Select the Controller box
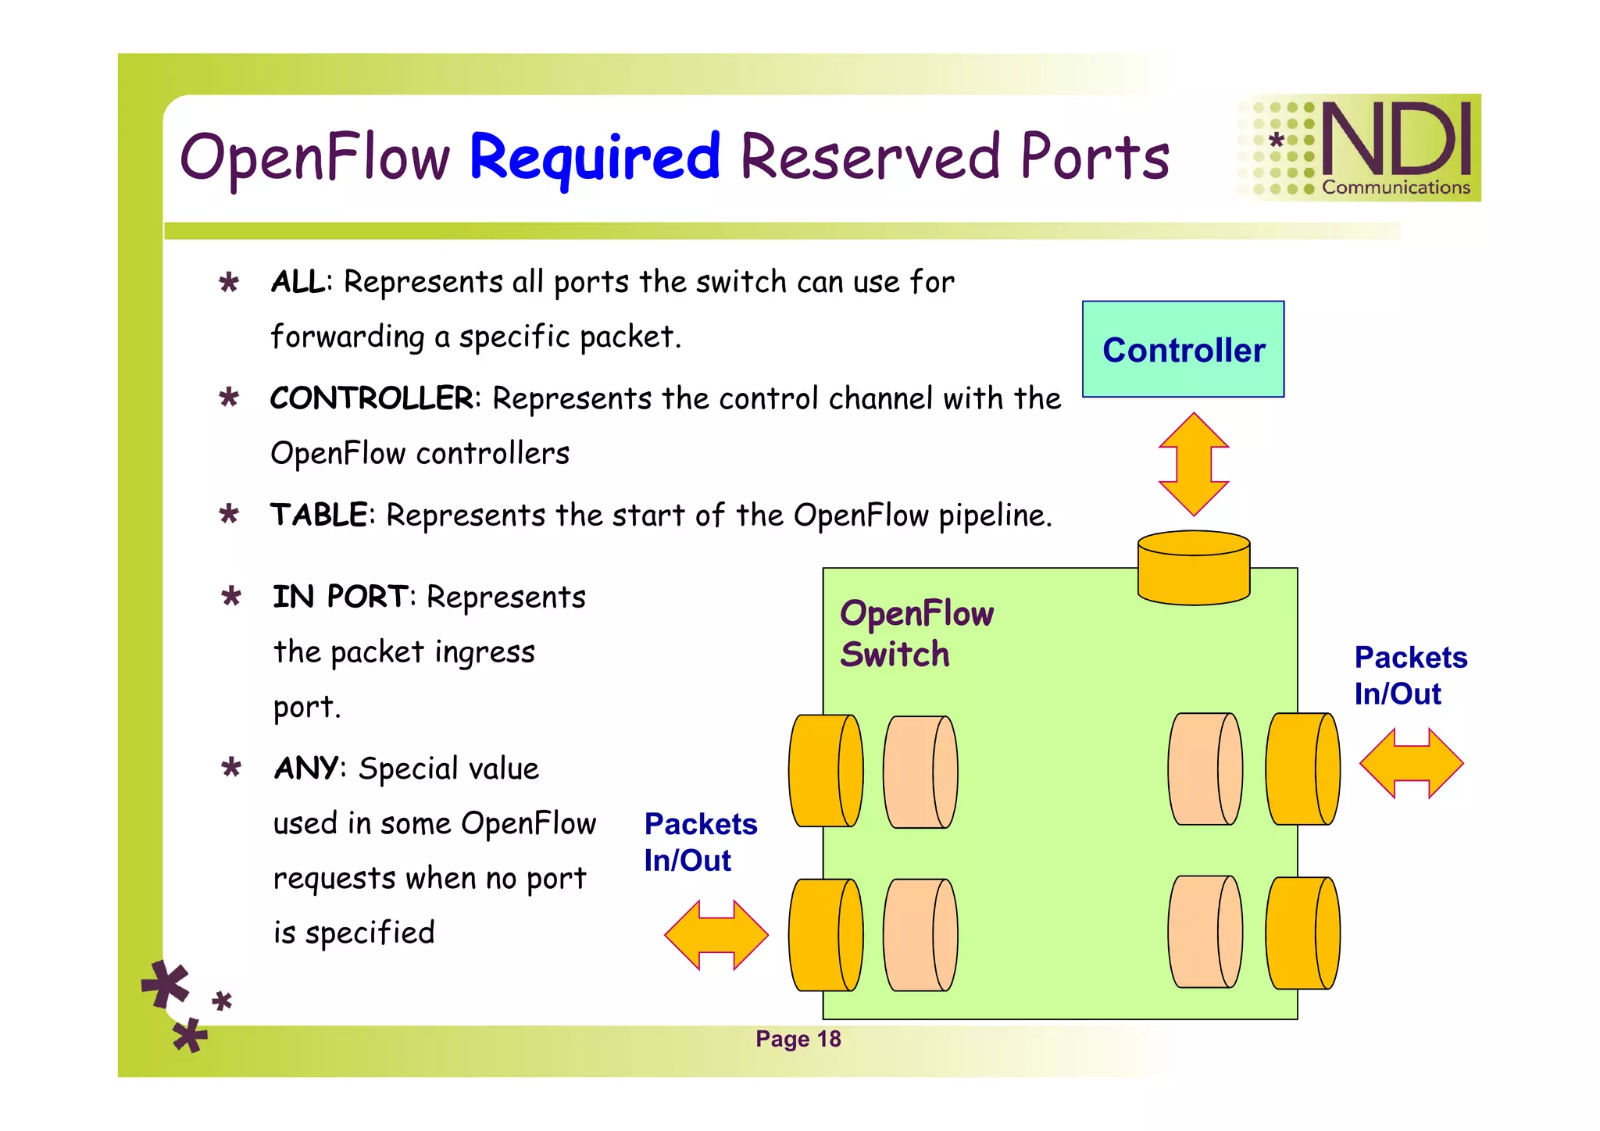pyautogui.click(x=1183, y=349)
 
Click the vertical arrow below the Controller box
pyautogui.click(x=1193, y=464)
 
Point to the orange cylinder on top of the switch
pyautogui.click(x=1193, y=568)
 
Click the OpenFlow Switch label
pyautogui.click(x=916, y=633)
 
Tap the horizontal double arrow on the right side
pyautogui.click(x=1410, y=763)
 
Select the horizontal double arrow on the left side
pyautogui.click(x=716, y=935)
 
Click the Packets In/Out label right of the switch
pyautogui.click(x=1409, y=676)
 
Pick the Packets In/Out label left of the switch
pyautogui.click(x=700, y=842)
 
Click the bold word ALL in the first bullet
pyautogui.click(x=298, y=282)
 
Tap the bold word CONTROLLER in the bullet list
pyautogui.click(x=371, y=398)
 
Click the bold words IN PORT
pyautogui.click(x=340, y=597)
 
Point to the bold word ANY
pyautogui.click(x=306, y=769)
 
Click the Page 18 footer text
pyautogui.click(x=798, y=1039)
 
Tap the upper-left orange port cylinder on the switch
pyautogui.click(x=825, y=771)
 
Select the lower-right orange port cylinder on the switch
pyautogui.click(x=1302, y=933)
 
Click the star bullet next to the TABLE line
pyautogui.click(x=229, y=515)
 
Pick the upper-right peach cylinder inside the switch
pyautogui.click(x=1205, y=769)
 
